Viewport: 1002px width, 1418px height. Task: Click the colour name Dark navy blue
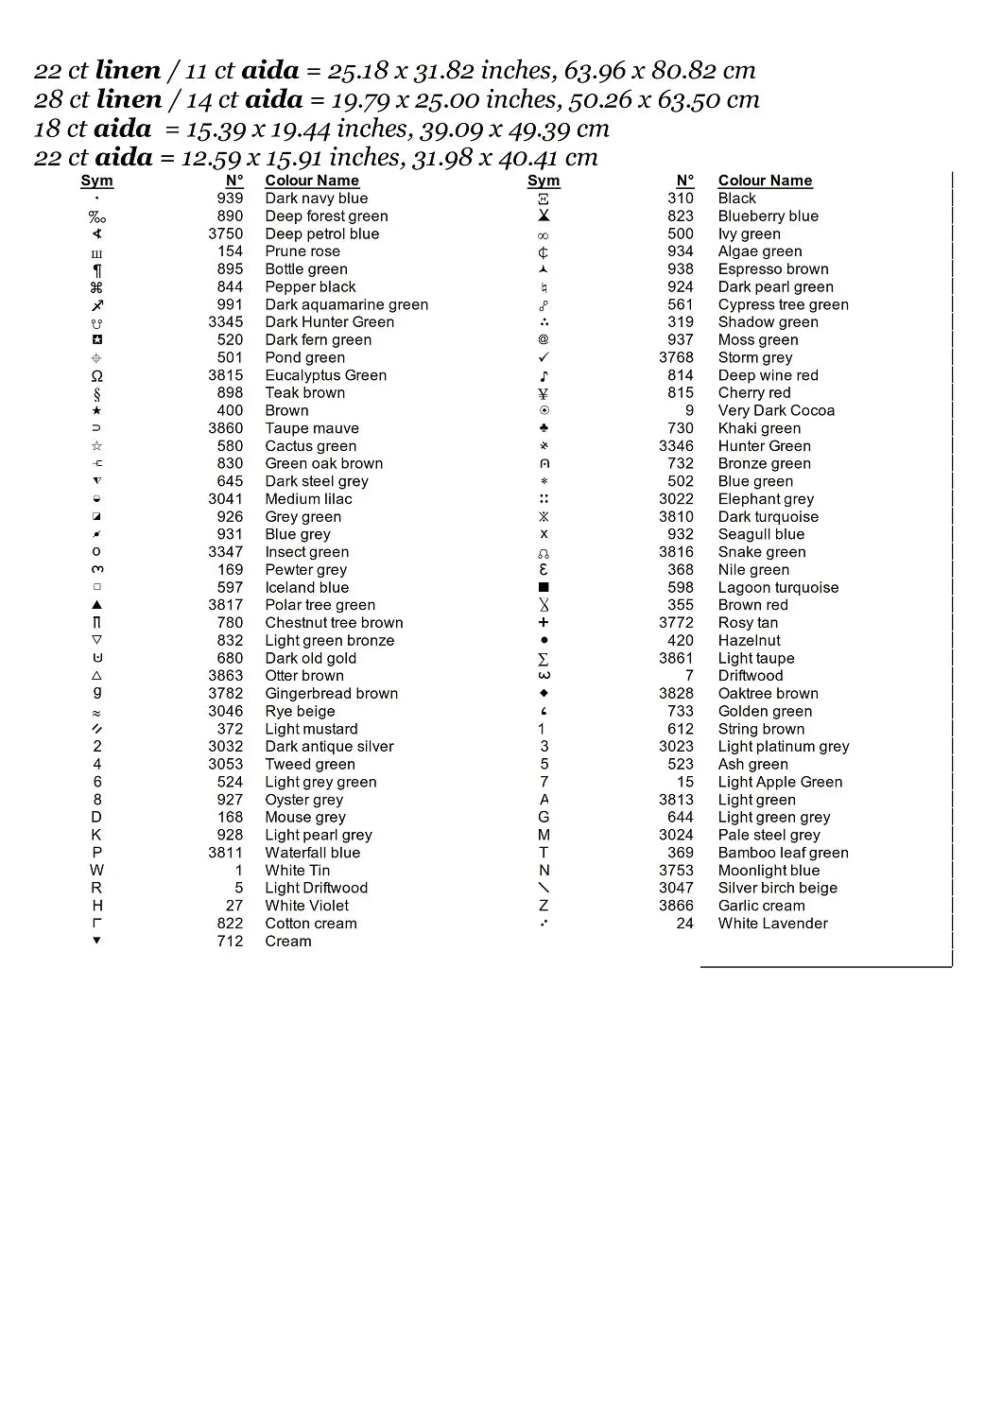tap(316, 199)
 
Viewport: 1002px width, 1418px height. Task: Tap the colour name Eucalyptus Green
tap(325, 375)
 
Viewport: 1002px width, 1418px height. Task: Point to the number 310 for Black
tap(680, 199)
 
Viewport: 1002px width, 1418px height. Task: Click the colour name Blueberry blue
tap(768, 216)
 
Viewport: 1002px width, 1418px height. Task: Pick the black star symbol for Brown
tap(96, 411)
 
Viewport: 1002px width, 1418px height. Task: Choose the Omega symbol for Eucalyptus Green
tap(96, 376)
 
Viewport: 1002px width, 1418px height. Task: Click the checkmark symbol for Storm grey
tap(544, 358)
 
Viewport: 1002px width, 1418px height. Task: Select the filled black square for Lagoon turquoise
tap(544, 588)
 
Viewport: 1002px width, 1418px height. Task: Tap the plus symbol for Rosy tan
tap(544, 623)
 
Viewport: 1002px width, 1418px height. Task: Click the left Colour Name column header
tap(312, 181)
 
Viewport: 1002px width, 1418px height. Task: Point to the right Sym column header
tap(544, 181)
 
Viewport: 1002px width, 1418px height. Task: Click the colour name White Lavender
tap(772, 924)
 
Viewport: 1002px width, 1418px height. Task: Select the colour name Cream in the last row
tap(287, 942)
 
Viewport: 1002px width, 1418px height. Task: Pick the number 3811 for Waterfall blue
tap(226, 853)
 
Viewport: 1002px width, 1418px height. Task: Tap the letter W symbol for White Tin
tap(96, 871)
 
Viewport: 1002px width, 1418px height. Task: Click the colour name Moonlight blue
tap(769, 871)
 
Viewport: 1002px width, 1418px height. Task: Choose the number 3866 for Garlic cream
tap(677, 906)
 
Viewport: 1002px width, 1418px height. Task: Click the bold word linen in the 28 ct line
tap(129, 99)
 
